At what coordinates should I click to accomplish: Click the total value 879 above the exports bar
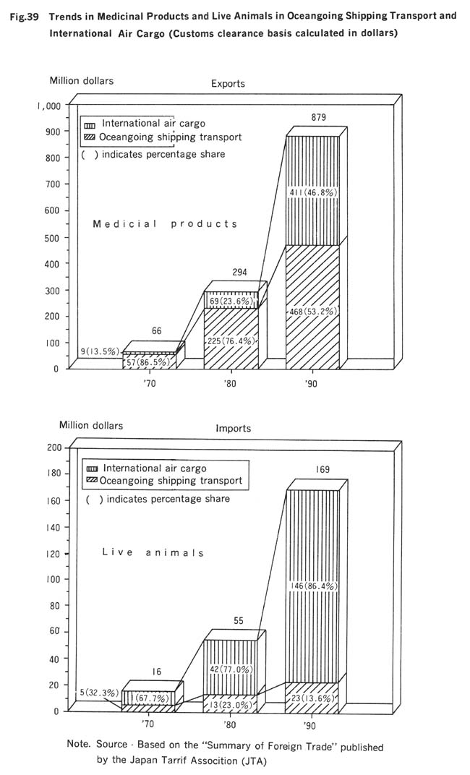pos(319,118)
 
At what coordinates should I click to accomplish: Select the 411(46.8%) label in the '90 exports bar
pos(313,192)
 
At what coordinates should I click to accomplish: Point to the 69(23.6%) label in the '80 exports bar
pos(231,301)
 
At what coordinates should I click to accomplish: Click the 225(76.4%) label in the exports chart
pos(231,341)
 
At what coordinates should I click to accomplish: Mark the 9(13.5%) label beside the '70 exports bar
pos(101,352)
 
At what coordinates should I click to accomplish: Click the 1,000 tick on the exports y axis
pos(49,106)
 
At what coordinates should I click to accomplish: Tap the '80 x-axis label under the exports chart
pos(230,384)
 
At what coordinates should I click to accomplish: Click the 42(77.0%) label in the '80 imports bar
pos(231,669)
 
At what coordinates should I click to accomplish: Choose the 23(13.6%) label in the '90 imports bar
pos(313,698)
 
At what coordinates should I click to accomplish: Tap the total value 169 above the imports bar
pos(322,469)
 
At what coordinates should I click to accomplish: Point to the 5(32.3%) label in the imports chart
pos(99,693)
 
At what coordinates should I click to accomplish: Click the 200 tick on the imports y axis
pos(54,448)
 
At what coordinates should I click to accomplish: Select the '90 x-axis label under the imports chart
pos(310,725)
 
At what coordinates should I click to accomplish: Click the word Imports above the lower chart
pos(233,428)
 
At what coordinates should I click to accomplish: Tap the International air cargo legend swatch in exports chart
pos(91,124)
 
